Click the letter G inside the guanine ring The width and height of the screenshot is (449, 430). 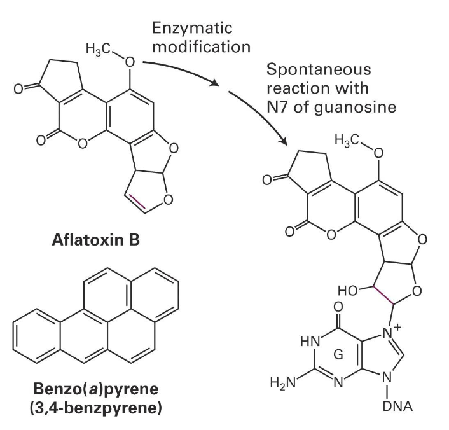(x=339, y=355)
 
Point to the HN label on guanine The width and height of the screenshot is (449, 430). (x=301, y=341)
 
